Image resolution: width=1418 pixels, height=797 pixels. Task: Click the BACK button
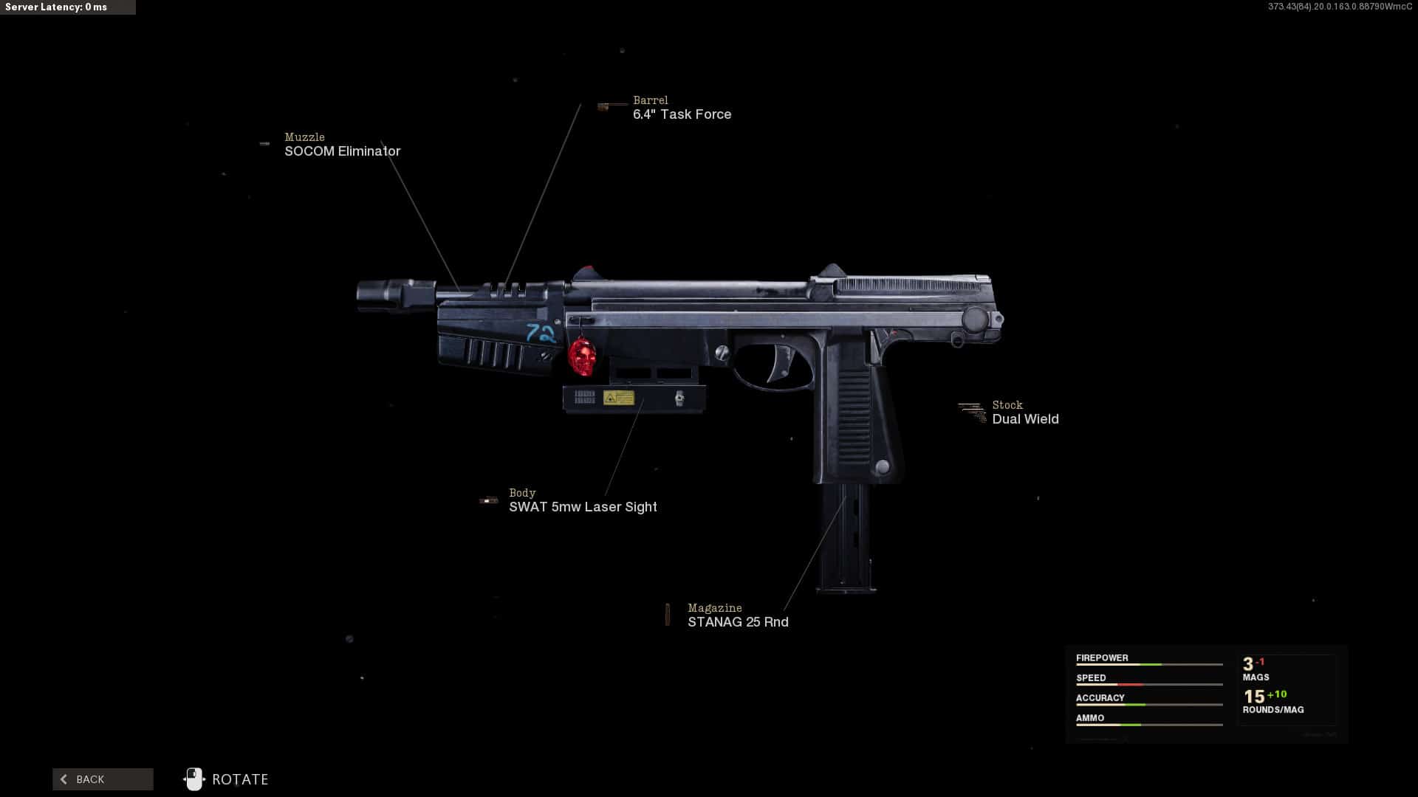pyautogui.click(x=103, y=779)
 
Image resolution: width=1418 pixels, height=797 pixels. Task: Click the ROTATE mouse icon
pyautogui.click(x=194, y=779)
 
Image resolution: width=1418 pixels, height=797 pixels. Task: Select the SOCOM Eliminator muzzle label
pyautogui.click(x=342, y=151)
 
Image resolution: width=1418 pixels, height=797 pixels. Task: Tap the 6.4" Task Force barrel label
pyautogui.click(x=682, y=114)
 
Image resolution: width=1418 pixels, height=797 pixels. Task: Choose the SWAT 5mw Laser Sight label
pyautogui.click(x=583, y=507)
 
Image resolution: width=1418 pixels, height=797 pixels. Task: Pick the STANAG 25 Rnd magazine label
pyautogui.click(x=738, y=622)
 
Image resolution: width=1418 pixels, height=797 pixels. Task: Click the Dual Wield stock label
pyautogui.click(x=1025, y=419)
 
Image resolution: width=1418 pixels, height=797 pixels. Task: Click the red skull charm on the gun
pyautogui.click(x=582, y=357)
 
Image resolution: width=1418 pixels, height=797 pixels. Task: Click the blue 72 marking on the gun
pyautogui.click(x=541, y=334)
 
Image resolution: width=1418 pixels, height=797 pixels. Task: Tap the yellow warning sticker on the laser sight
pyautogui.click(x=618, y=398)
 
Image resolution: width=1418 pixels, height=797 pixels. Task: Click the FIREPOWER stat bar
pyautogui.click(x=1148, y=665)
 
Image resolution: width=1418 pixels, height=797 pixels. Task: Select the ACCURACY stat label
pyautogui.click(x=1100, y=698)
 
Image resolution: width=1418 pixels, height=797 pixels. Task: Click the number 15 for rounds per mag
pyautogui.click(x=1253, y=697)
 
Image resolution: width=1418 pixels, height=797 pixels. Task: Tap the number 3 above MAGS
pyautogui.click(x=1248, y=664)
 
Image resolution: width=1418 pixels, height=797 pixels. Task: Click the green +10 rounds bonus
pyautogui.click(x=1277, y=694)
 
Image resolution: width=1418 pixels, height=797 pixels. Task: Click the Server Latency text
pyautogui.click(x=56, y=7)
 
